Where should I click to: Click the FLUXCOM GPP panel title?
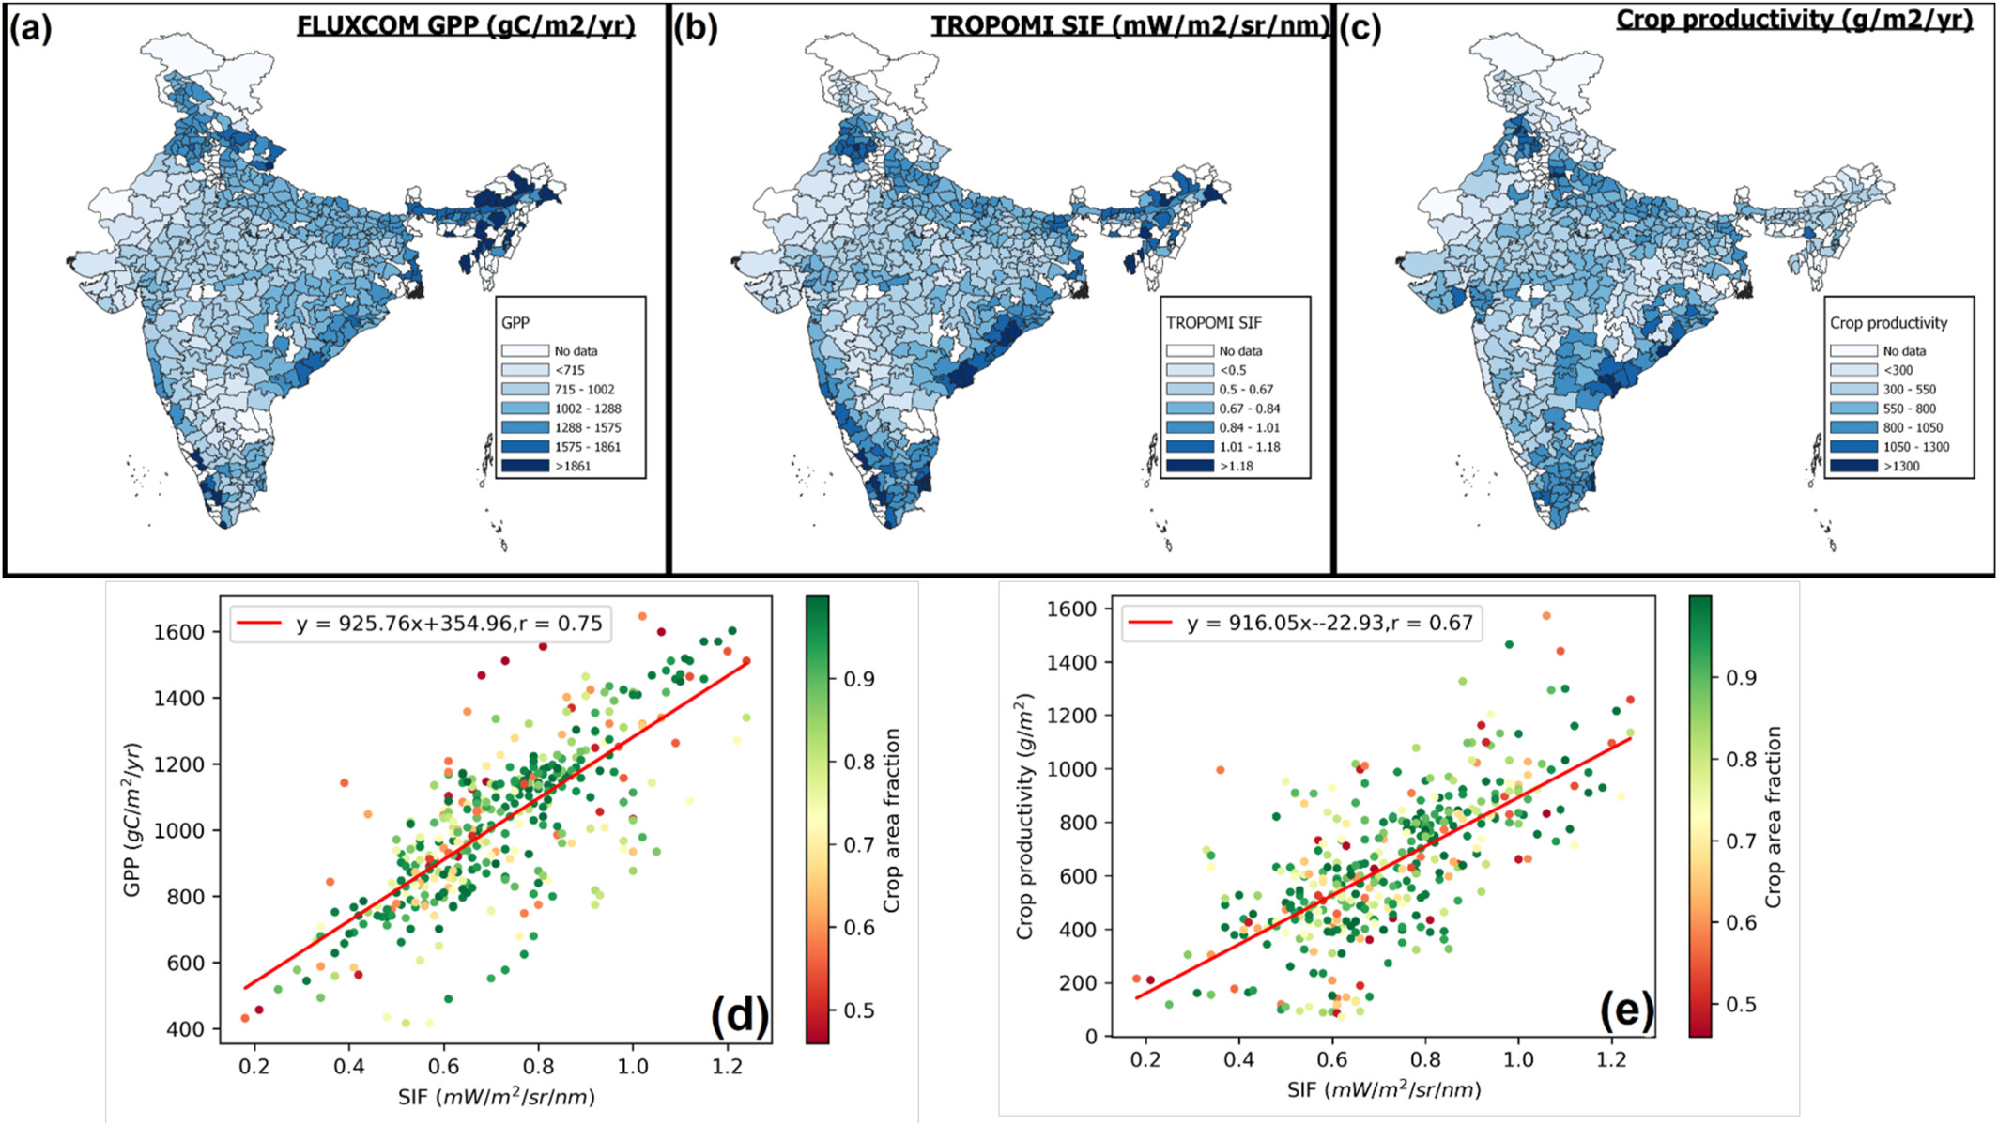tap(466, 25)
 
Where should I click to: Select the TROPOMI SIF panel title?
tap(1130, 25)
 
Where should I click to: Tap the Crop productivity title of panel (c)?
tap(1794, 20)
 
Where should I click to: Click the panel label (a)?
tap(31, 29)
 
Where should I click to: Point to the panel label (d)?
tap(739, 1015)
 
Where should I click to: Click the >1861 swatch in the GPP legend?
tap(525, 466)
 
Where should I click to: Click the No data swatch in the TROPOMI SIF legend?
tap(1190, 350)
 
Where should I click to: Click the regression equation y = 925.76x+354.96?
tap(449, 624)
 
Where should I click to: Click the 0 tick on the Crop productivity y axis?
tap(1091, 1037)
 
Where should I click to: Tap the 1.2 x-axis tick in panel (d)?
tap(728, 1067)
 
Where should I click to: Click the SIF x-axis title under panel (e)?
tap(1384, 1090)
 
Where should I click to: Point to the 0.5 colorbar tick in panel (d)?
tap(860, 1010)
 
